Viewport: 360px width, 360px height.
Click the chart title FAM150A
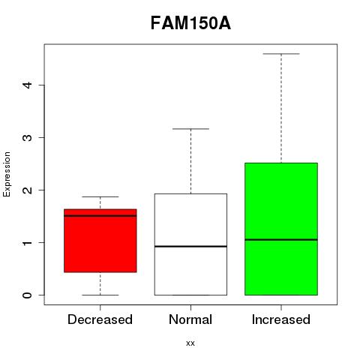point(190,23)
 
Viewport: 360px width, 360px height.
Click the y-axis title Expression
point(7,174)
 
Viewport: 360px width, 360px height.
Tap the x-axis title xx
point(190,343)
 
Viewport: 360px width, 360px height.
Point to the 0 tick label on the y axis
point(28,295)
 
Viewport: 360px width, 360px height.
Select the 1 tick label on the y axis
point(28,242)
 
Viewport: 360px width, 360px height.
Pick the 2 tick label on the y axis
point(28,190)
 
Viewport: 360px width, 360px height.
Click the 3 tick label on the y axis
point(28,137)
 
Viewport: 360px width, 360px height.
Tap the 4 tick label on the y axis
point(28,85)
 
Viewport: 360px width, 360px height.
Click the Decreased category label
point(100,319)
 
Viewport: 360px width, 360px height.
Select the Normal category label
point(190,319)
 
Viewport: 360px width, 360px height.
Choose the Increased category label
point(281,319)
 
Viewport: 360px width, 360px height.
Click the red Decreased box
point(100,241)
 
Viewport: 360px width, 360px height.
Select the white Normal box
point(190,244)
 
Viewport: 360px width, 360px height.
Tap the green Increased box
point(281,229)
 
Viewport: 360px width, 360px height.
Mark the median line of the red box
point(100,216)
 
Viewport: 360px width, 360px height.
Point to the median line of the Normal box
point(190,247)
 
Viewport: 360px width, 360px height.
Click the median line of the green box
point(281,240)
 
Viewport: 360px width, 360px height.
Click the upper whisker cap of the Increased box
point(281,54)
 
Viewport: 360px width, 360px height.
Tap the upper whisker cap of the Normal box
point(190,129)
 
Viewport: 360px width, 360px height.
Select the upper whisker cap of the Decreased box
point(100,197)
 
